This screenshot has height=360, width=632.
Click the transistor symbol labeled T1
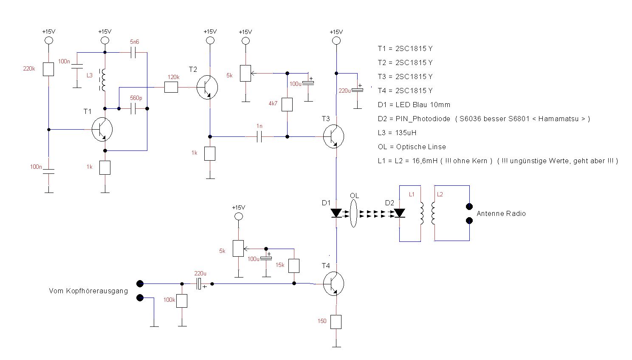[102, 130]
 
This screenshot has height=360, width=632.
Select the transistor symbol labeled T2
[207, 87]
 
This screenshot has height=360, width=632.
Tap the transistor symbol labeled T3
[333, 136]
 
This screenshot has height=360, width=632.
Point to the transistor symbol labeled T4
[333, 284]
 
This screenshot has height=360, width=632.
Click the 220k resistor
[48, 69]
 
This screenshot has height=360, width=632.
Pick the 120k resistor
[171, 87]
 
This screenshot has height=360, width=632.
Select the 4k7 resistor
[287, 105]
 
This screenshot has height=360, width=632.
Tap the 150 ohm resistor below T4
[336, 322]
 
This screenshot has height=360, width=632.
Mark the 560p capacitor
[134, 109]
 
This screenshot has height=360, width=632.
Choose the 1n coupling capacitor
[260, 136]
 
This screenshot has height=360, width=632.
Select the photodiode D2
[399, 213]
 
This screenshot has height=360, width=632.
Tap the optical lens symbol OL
[353, 214]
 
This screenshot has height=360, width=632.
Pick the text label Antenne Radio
[501, 213]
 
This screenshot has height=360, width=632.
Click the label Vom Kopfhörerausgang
[88, 291]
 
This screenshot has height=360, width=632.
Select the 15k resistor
[294, 266]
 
